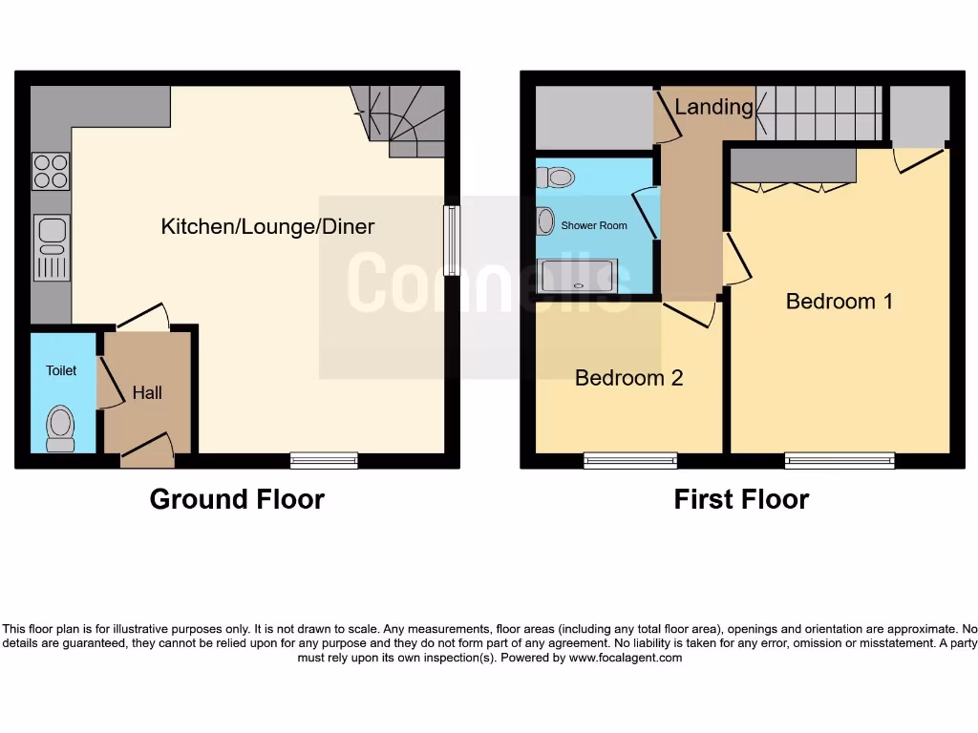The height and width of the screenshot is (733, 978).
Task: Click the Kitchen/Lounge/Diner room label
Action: click(x=267, y=227)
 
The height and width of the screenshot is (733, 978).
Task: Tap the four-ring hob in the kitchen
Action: click(x=51, y=172)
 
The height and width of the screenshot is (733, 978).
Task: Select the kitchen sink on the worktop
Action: click(x=52, y=247)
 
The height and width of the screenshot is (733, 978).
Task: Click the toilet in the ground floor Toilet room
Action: click(x=61, y=428)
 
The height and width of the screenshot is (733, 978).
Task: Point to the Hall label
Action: click(x=147, y=392)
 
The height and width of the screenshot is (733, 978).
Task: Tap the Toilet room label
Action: click(x=61, y=370)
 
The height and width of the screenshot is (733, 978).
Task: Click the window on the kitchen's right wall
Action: click(x=452, y=241)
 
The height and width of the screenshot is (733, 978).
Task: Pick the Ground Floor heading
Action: click(x=237, y=499)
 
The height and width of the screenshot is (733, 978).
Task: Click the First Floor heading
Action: click(x=741, y=499)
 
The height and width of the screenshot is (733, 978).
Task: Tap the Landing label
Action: click(x=713, y=107)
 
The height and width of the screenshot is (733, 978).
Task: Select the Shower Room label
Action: click(x=594, y=225)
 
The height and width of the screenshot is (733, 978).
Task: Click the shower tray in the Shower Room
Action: click(x=578, y=276)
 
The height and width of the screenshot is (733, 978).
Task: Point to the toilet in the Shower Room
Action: click(x=556, y=178)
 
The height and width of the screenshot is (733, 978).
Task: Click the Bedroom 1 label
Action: click(x=839, y=302)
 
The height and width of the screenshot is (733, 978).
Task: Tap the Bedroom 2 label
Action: click(x=628, y=378)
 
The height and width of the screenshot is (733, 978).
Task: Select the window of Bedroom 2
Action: click(x=630, y=461)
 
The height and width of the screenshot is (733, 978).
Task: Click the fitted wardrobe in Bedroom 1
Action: click(x=793, y=166)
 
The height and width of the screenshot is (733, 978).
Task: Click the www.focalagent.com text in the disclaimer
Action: click(x=626, y=658)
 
